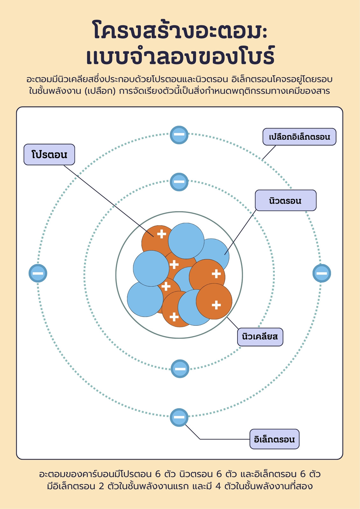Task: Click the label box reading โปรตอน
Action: coord(49,155)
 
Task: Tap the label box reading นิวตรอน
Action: coord(286,200)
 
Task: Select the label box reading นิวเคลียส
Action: coord(260,337)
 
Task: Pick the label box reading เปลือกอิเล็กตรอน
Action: coord(299,137)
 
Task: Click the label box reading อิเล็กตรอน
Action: coord(274,439)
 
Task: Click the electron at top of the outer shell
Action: coord(179,135)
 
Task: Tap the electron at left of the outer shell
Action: coord(38,273)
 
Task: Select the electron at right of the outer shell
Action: coord(322,273)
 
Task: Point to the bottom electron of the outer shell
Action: coord(179,417)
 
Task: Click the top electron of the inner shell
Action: coord(179,182)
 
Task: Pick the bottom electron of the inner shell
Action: coord(180,369)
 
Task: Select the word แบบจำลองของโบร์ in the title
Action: coord(180,55)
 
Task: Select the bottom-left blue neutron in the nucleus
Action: coord(145,299)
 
